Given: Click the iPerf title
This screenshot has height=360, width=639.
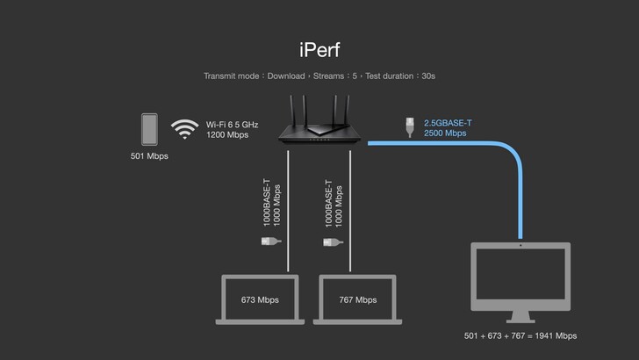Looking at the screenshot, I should [319, 47].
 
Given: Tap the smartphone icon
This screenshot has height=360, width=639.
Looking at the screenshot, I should [150, 129].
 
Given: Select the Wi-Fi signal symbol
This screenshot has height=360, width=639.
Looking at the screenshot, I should [184, 129].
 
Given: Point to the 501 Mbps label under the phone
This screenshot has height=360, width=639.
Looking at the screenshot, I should [150, 156].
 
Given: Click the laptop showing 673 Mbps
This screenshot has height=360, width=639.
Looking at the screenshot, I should [260, 300].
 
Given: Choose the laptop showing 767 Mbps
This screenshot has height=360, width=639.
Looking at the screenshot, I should [357, 300].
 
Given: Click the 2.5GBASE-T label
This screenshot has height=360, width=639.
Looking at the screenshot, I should [448, 123].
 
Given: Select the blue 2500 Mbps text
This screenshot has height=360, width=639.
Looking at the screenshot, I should [446, 134].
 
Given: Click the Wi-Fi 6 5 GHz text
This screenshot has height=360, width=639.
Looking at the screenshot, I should [233, 124].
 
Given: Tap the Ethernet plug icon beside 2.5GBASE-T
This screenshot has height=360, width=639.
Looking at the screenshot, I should [410, 126].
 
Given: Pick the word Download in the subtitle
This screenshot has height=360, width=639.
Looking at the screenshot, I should [286, 76].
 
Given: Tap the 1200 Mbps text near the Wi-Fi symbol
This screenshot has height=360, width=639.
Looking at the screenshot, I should [227, 135].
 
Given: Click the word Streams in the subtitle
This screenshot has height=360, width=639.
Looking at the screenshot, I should [329, 76].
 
